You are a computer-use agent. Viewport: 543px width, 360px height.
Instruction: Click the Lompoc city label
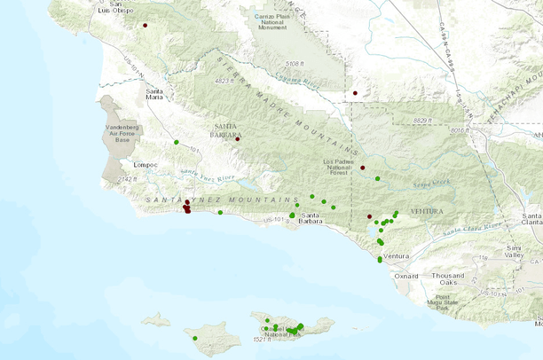146,165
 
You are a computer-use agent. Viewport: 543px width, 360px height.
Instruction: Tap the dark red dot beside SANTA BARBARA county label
237,139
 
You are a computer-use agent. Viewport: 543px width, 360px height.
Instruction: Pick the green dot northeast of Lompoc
177,143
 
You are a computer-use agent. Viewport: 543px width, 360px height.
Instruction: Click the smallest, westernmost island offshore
156,318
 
